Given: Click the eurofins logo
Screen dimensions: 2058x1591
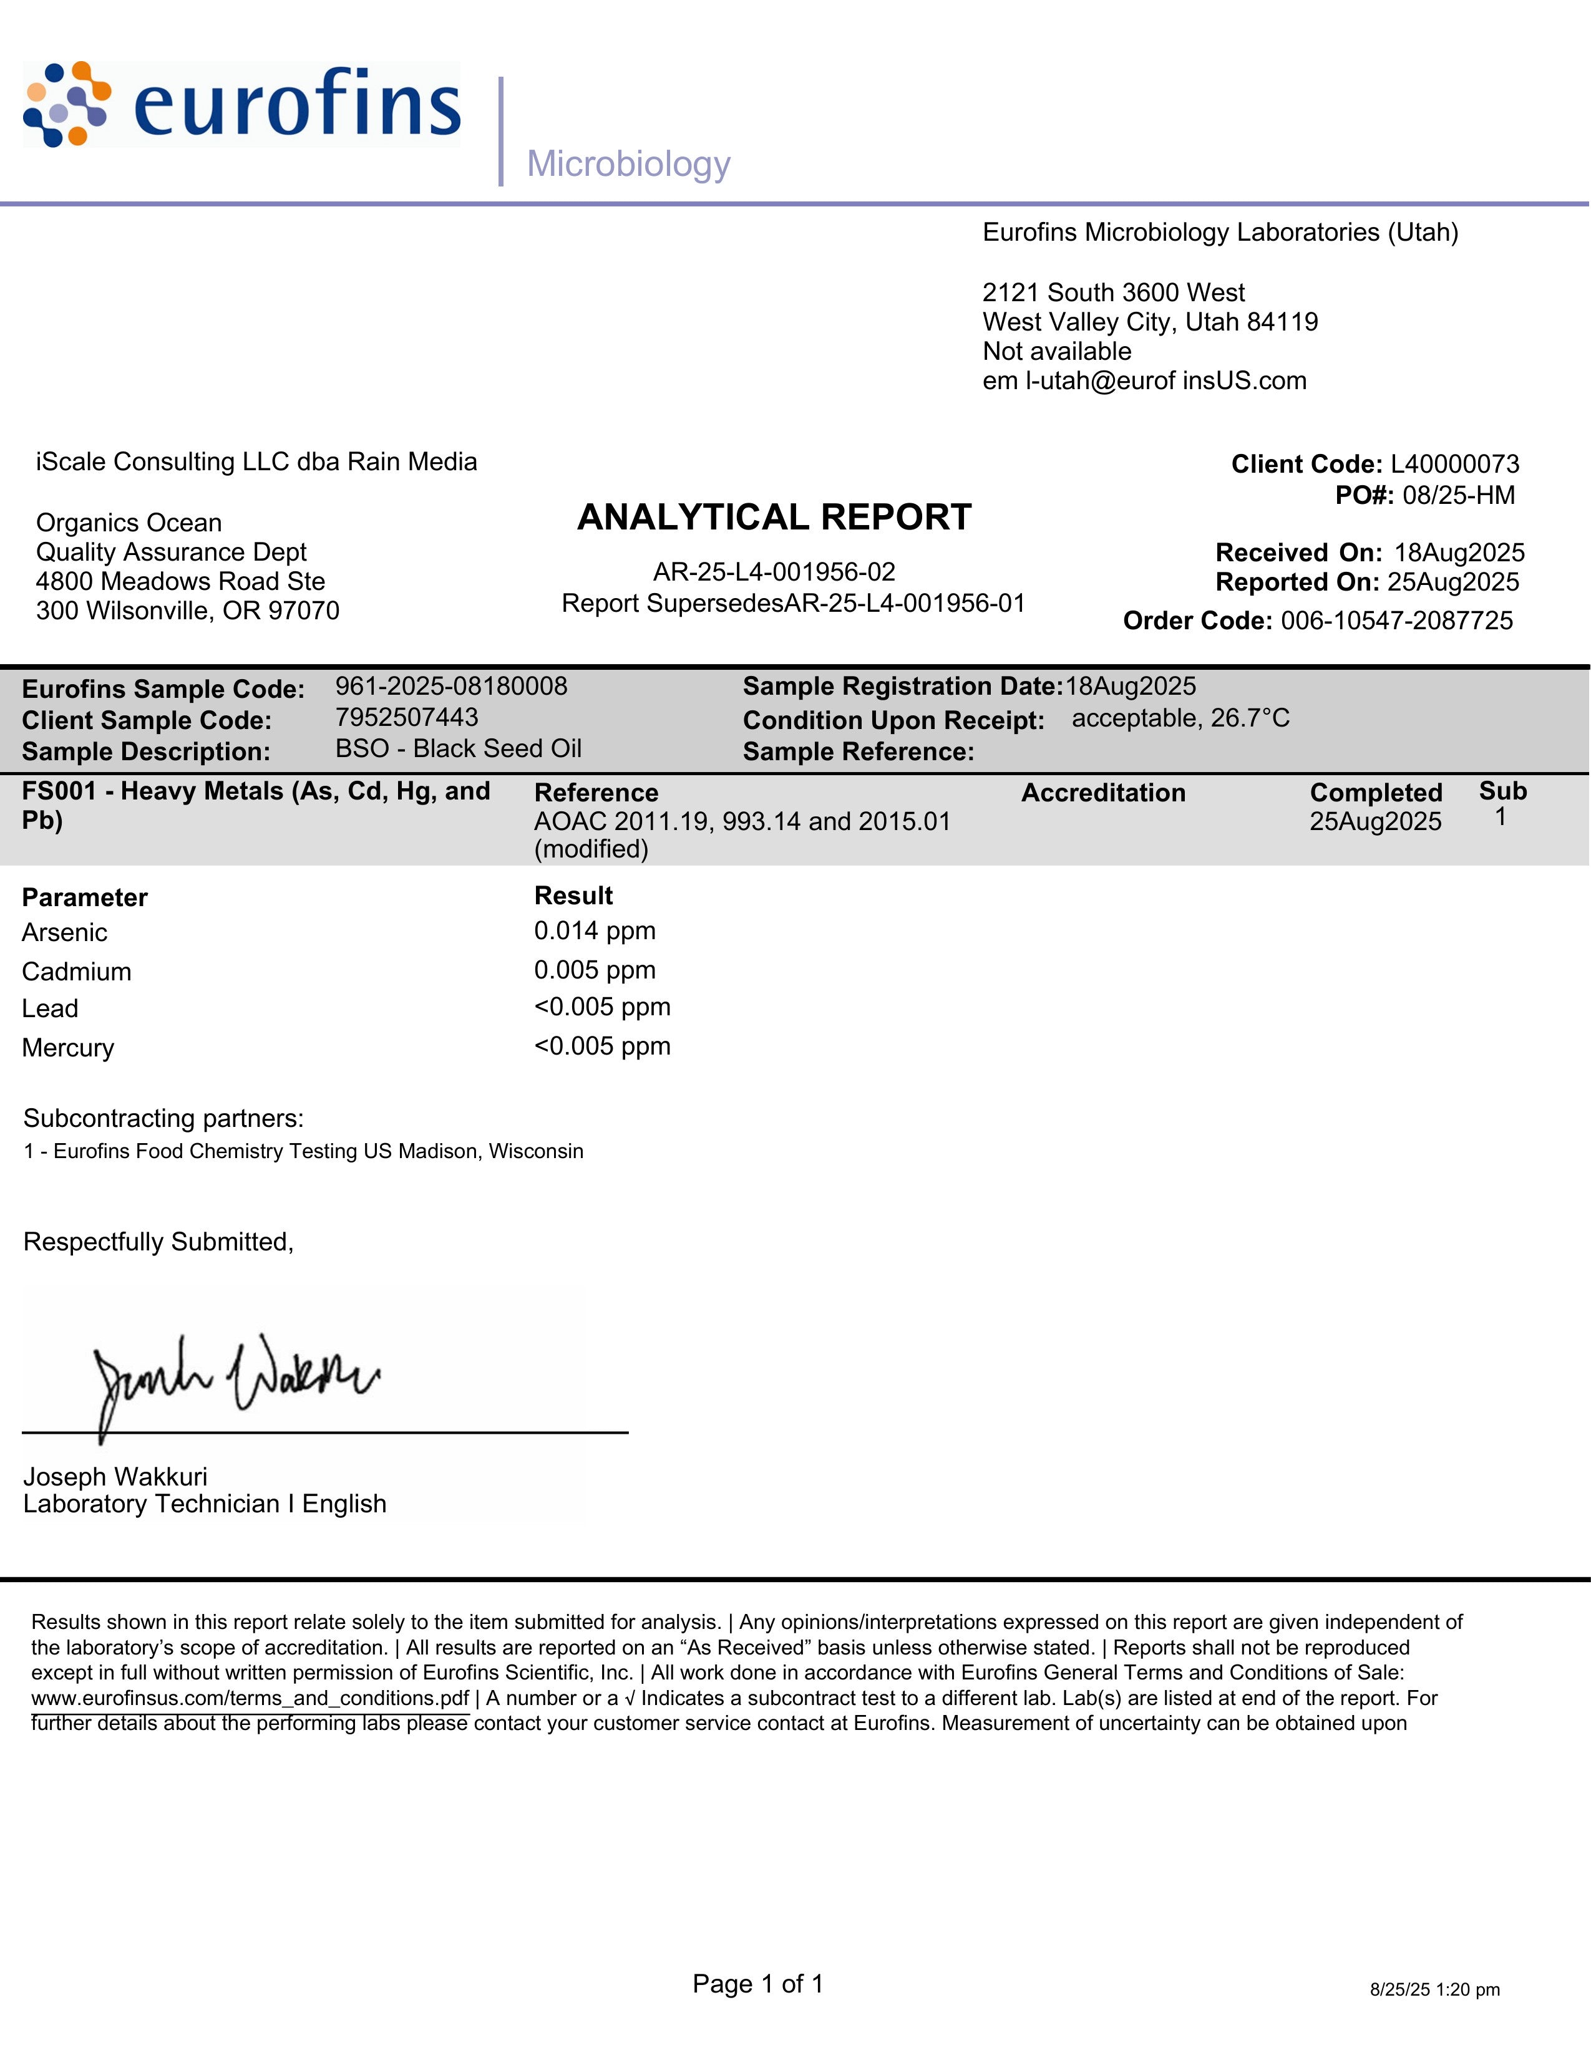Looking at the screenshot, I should (241, 105).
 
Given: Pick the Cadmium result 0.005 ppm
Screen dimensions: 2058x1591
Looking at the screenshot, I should (595, 970).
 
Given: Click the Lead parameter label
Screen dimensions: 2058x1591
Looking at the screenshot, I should (50, 1008).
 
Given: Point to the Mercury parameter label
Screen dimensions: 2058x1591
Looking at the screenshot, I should (68, 1048).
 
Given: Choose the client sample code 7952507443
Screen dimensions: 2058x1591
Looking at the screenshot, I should (407, 717).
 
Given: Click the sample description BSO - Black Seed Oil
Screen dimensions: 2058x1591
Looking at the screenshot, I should (458, 748).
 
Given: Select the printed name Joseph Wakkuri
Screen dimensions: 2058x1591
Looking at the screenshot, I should (115, 1477).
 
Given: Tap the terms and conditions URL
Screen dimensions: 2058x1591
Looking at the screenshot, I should (250, 1698).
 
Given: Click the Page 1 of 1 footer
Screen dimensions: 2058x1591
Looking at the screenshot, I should (758, 1984).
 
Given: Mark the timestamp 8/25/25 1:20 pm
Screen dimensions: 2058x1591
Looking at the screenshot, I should (1434, 1989).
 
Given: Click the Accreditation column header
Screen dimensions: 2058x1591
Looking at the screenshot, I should (1102, 793).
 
